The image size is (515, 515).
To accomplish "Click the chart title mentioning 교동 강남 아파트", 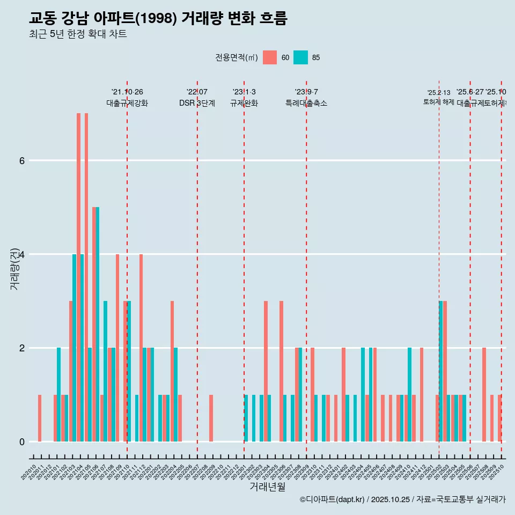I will pos(158,19).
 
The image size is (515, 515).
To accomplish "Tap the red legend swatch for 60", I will pos(270,57).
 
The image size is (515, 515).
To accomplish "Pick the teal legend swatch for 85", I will pos(301,57).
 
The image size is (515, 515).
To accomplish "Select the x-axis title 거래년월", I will pos(267,487).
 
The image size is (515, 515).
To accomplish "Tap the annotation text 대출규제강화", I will pos(127,104).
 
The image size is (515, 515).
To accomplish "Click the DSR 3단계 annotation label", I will pos(197,104).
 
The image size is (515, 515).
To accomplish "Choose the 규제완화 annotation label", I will pos(244,104).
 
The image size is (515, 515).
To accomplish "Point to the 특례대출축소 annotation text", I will pos(306,104).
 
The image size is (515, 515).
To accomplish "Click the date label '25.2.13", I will pos(439,93).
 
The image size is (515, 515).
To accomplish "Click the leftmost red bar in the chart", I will pos(40,418).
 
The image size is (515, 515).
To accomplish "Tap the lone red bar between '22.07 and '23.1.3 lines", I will pos(211,418).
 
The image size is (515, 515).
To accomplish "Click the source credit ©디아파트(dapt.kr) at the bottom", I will pos(402,499).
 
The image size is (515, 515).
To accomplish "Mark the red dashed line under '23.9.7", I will pos(306,268).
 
